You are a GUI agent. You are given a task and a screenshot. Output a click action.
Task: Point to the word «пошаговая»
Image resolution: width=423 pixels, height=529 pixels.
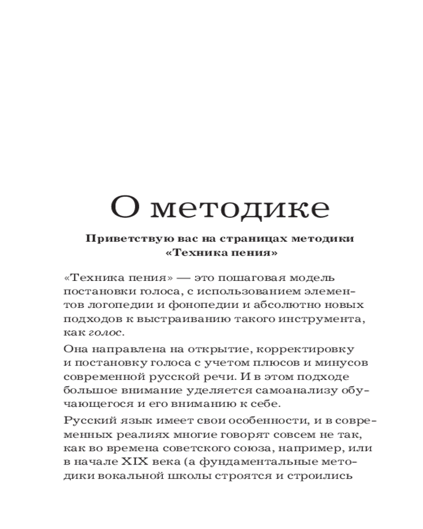pyautogui.click(x=242, y=278)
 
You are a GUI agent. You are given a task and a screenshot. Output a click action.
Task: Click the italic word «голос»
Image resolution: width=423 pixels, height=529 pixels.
pyautogui.click(x=106, y=333)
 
